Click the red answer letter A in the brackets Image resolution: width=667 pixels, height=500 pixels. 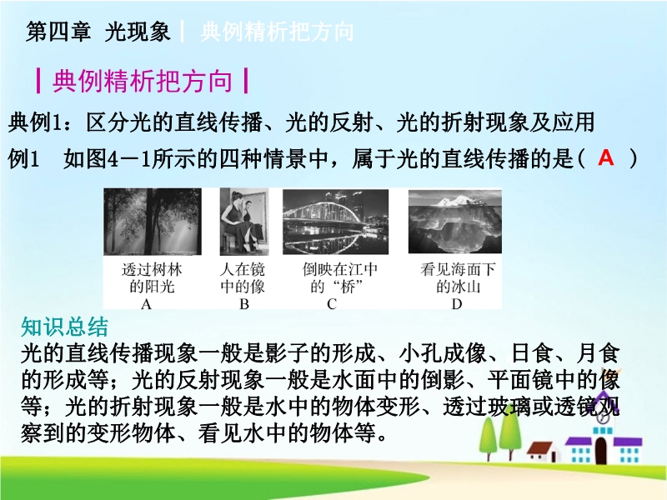(x=606, y=157)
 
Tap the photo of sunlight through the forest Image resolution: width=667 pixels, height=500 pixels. (x=153, y=221)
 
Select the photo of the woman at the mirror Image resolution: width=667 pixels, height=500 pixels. (x=244, y=221)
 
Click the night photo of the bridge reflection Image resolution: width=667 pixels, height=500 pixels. (x=336, y=222)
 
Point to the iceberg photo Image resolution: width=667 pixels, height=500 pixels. (x=454, y=222)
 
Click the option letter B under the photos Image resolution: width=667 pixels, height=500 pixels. (x=244, y=304)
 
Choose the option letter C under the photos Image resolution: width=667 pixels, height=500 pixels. (x=332, y=304)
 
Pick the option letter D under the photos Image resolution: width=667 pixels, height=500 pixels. (x=456, y=304)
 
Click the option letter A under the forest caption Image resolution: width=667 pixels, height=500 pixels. (x=147, y=304)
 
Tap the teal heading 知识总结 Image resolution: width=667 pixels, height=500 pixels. (x=65, y=327)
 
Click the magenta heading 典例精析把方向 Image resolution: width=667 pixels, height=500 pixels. (x=143, y=81)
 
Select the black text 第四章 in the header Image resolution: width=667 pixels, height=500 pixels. (x=58, y=32)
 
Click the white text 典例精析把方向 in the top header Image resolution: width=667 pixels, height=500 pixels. (x=277, y=32)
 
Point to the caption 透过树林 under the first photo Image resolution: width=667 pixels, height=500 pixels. (x=152, y=269)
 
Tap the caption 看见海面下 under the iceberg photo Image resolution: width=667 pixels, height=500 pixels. (x=458, y=269)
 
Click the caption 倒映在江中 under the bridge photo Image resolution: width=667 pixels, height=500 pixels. (x=340, y=269)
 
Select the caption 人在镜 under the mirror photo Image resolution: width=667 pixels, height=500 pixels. (x=243, y=269)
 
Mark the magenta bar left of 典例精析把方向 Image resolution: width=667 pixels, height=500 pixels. (x=38, y=81)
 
